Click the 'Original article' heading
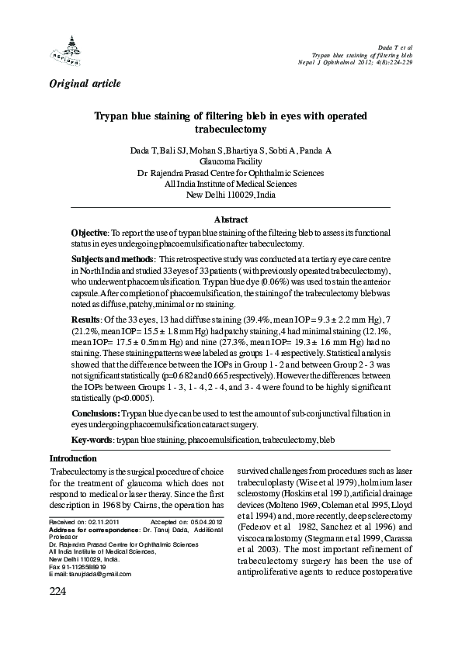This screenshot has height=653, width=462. (85, 82)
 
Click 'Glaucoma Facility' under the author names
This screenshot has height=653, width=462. (230, 162)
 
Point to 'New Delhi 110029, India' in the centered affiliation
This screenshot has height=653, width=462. (231, 195)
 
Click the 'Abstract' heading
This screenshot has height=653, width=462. (231, 220)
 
